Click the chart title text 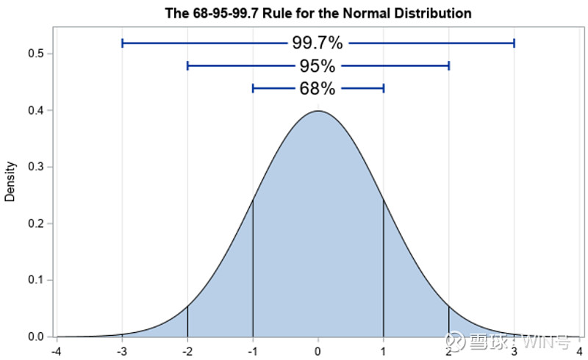click(x=318, y=13)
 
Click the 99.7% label click(x=318, y=43)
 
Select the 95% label click(x=318, y=66)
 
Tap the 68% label click(x=318, y=89)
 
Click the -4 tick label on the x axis click(x=57, y=350)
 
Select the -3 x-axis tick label click(x=122, y=350)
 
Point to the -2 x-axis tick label click(x=187, y=350)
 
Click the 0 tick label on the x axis click(x=318, y=350)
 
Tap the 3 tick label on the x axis click(x=514, y=350)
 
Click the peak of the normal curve click(x=318, y=111)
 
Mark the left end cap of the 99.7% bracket click(x=122, y=43)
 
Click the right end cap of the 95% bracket click(x=448, y=66)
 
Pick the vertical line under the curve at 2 click(x=448, y=321)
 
